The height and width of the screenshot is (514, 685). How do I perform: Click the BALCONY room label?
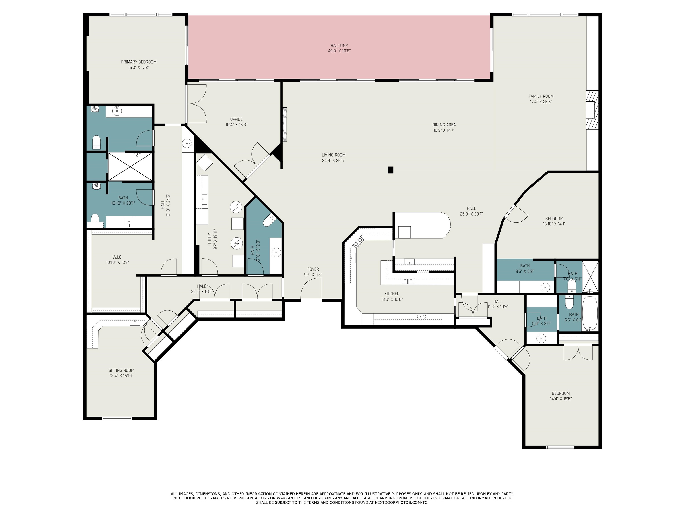339,46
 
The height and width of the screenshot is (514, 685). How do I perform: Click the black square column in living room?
390,170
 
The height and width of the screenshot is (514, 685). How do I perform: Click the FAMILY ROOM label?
541,96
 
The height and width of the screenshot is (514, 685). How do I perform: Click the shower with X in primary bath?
130,166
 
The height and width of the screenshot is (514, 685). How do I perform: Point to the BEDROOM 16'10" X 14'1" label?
554,218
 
